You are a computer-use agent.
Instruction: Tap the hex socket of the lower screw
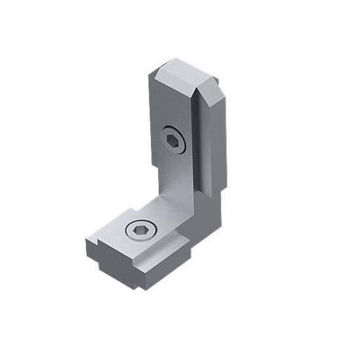(140, 230)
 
